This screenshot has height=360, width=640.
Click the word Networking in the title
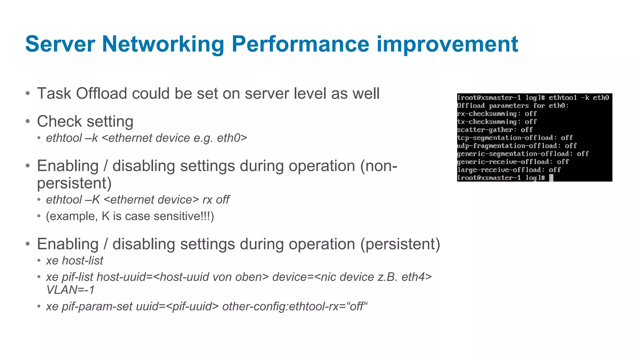coord(163,44)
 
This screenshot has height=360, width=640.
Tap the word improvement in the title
coord(447,44)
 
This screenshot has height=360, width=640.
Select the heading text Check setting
coord(85,121)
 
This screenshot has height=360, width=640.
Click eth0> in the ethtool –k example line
coord(232,138)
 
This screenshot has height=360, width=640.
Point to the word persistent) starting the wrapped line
coord(74,183)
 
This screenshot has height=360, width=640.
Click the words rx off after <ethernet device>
coord(216,200)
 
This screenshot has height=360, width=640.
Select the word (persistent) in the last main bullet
coord(400,244)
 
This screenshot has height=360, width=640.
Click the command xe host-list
coord(74,261)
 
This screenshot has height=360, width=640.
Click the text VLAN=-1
coord(70,290)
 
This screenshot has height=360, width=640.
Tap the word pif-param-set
coord(97,307)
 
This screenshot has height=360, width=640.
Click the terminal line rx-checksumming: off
coord(497,114)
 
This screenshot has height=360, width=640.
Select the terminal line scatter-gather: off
coord(495,130)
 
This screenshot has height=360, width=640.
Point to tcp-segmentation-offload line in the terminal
coord(515,138)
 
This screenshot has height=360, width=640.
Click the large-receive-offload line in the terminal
coord(509,170)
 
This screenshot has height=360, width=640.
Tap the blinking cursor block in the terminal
coord(551,178)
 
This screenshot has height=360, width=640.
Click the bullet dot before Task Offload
coord(28,93)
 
